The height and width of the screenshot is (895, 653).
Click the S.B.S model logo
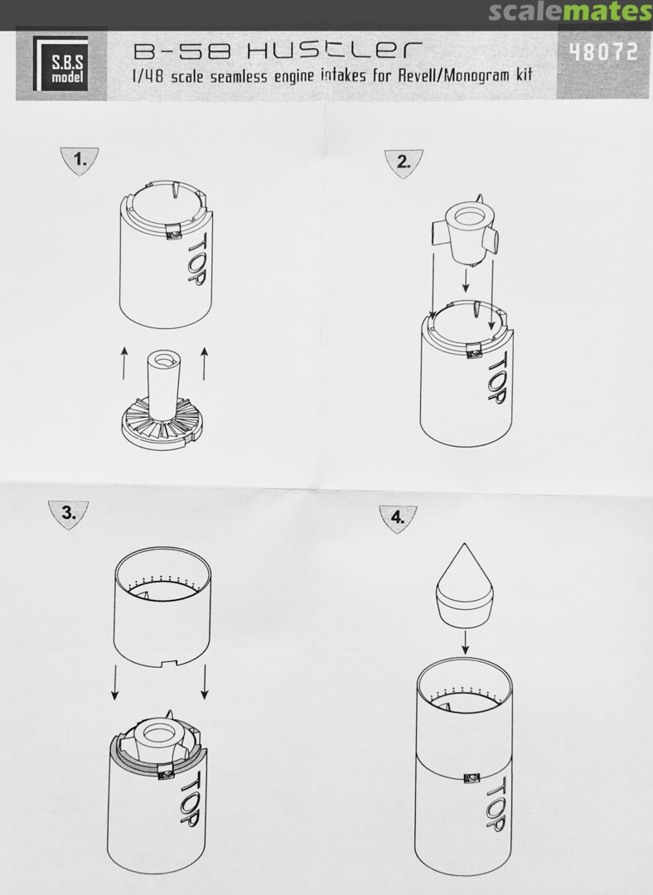pos(61,63)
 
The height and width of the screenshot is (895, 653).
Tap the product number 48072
pos(603,52)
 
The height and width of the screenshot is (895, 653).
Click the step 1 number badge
pos(80,161)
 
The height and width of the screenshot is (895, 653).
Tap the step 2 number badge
pos(404,162)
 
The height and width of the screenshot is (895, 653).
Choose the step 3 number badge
pos(69,514)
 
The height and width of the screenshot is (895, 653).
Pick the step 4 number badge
pos(398,518)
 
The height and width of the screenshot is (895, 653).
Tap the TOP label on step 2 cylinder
pos(496,377)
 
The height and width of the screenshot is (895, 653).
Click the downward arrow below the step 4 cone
pos(465,641)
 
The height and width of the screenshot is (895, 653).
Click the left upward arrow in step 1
pos(123,363)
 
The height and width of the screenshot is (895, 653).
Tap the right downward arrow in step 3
pos(205,681)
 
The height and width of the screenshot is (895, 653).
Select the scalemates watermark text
pos(569,12)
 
